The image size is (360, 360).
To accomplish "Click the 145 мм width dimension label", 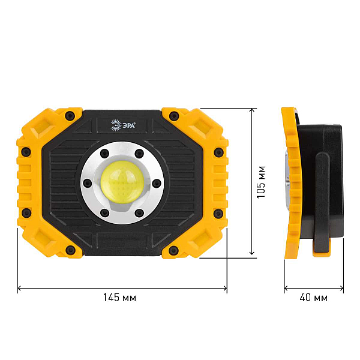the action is (x=119, y=298).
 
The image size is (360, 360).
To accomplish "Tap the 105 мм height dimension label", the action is (x=261, y=182).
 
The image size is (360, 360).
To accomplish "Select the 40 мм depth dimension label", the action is (x=313, y=298).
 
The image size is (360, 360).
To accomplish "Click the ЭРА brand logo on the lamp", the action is (x=123, y=125).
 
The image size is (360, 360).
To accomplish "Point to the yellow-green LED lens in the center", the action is (x=122, y=182).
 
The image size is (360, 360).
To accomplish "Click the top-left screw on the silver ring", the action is (x=104, y=153).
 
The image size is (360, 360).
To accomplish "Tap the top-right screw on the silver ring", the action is (x=139, y=153).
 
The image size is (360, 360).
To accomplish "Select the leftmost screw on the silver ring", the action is (x=87, y=183).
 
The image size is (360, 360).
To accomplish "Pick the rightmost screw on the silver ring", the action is (x=157, y=183).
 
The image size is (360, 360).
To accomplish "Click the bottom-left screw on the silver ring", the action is (x=104, y=213).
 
